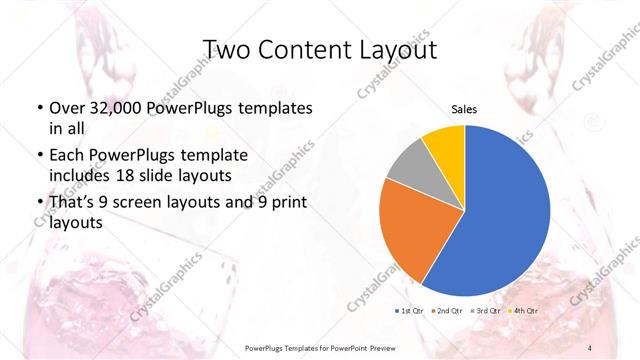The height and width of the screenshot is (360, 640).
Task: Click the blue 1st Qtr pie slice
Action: click(x=500, y=210)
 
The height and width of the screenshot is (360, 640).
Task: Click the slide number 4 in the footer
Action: click(x=590, y=346)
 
